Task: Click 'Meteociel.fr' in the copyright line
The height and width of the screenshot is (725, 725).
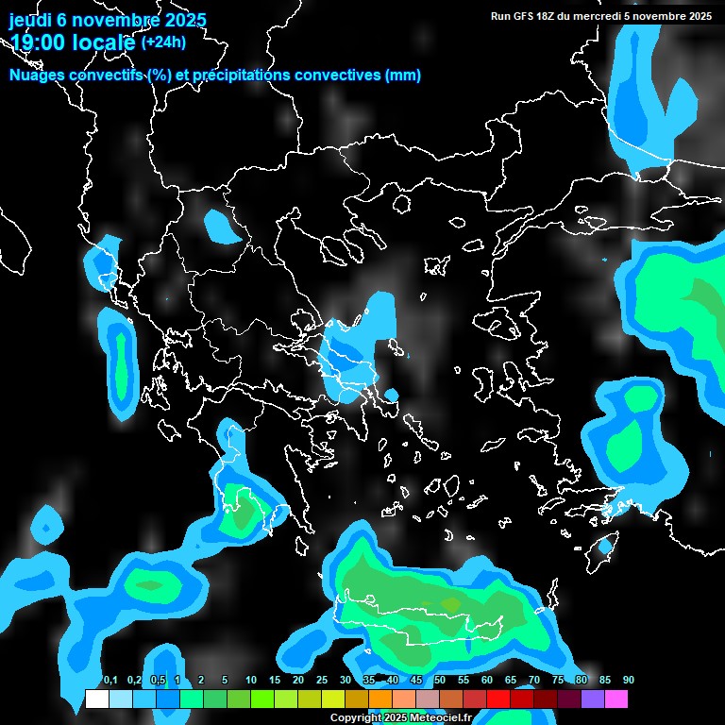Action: (x=444, y=717)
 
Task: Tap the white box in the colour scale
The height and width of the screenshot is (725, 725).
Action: (x=96, y=700)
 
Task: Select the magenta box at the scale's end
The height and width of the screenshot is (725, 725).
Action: (x=616, y=700)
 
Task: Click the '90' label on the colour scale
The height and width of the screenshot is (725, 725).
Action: (x=628, y=681)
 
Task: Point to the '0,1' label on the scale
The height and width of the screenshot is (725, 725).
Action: (x=110, y=681)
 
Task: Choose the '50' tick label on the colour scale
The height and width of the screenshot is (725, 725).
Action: (x=439, y=681)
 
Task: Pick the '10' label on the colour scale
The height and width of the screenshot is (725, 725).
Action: (x=250, y=681)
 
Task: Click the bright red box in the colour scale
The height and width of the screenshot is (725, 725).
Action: (x=498, y=700)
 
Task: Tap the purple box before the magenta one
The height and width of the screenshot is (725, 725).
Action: (x=593, y=700)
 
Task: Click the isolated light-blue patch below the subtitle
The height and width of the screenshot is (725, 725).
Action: (x=221, y=226)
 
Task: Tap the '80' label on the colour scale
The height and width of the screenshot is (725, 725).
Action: (x=581, y=681)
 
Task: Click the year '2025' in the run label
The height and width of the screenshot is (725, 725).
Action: (x=700, y=16)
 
